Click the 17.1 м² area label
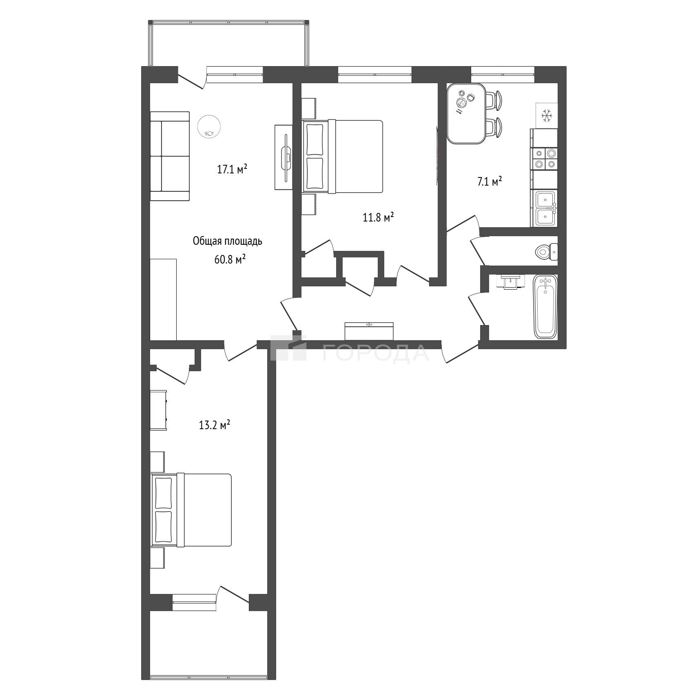[232, 169]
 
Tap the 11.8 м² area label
[378, 217]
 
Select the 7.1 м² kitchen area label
[489, 182]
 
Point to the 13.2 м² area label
[215, 425]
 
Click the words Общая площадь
[227, 241]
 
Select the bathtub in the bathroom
[545, 307]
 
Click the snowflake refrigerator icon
[546, 115]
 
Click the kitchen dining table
[466, 113]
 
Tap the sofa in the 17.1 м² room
[170, 156]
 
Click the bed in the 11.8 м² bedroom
[342, 156]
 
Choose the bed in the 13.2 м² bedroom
[191, 509]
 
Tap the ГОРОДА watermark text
[376, 352]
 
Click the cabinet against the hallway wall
[369, 331]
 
